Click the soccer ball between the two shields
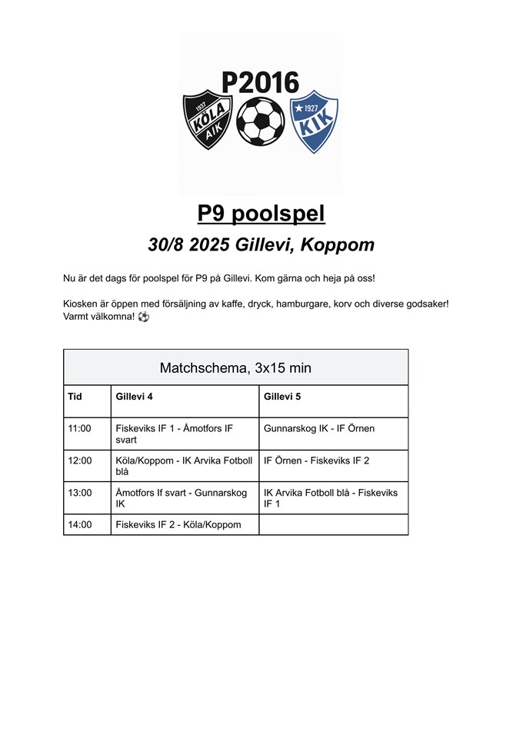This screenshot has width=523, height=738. tap(260, 121)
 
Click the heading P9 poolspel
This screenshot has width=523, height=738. tap(261, 214)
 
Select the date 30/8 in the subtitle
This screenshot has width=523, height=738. tap(166, 245)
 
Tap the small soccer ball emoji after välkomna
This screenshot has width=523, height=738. tap(144, 317)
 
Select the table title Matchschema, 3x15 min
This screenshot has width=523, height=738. tap(235, 367)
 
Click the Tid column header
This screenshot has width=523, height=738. tap(75, 396)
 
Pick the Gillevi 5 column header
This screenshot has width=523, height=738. tap(283, 396)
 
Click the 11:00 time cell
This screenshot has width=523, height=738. tap(80, 428)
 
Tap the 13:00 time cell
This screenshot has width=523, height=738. tap(80, 493)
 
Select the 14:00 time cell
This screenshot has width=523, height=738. tap(80, 525)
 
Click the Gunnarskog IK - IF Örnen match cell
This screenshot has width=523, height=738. tap(319, 428)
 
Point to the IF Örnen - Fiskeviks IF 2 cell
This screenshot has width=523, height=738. tap(317, 460)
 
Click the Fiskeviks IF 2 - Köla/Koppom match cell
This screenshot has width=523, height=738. tap(178, 525)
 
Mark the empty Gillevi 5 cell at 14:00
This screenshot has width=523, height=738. tap(333, 525)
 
